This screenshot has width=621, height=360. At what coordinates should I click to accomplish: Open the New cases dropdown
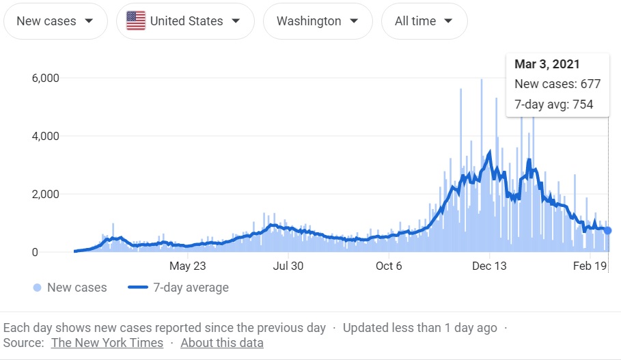click(x=55, y=21)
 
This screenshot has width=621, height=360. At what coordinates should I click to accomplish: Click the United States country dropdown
click(x=185, y=21)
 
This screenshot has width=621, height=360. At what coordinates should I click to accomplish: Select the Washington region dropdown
click(x=317, y=21)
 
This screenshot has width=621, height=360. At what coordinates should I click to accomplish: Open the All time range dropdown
click(x=424, y=21)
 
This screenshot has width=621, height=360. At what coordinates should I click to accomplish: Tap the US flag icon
click(x=136, y=21)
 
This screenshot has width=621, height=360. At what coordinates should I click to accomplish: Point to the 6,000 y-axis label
click(x=45, y=78)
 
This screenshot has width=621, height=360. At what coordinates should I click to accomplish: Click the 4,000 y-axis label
click(x=45, y=136)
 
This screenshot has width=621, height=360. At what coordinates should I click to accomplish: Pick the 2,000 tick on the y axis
click(x=45, y=194)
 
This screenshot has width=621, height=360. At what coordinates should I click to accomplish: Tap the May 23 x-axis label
click(x=187, y=266)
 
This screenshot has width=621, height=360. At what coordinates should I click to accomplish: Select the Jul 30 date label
click(x=288, y=266)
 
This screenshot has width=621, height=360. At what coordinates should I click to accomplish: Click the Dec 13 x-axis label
click(x=490, y=266)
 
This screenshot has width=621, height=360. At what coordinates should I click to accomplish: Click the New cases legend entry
click(x=70, y=288)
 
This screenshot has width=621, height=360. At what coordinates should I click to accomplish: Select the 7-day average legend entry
click(x=179, y=288)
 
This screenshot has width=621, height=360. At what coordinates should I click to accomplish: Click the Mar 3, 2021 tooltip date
click(x=547, y=64)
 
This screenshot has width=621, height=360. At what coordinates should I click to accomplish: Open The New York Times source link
click(x=107, y=343)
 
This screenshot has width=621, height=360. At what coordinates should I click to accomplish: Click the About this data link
click(x=222, y=343)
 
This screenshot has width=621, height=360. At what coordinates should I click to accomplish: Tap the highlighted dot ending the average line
click(x=607, y=231)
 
